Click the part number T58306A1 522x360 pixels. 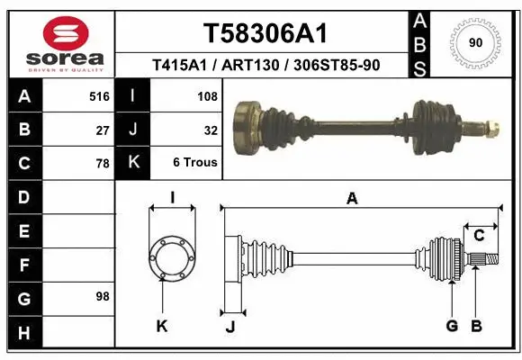[x=265, y=33]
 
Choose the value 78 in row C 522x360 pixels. [x=102, y=163]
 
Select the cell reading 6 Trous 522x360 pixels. [x=195, y=163]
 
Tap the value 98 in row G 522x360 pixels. [x=102, y=296]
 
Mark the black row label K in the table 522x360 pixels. [x=133, y=163]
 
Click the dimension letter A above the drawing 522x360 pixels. [x=352, y=199]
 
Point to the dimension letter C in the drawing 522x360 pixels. [x=479, y=236]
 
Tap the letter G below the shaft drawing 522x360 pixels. [x=452, y=326]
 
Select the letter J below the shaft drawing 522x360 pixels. [x=230, y=326]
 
